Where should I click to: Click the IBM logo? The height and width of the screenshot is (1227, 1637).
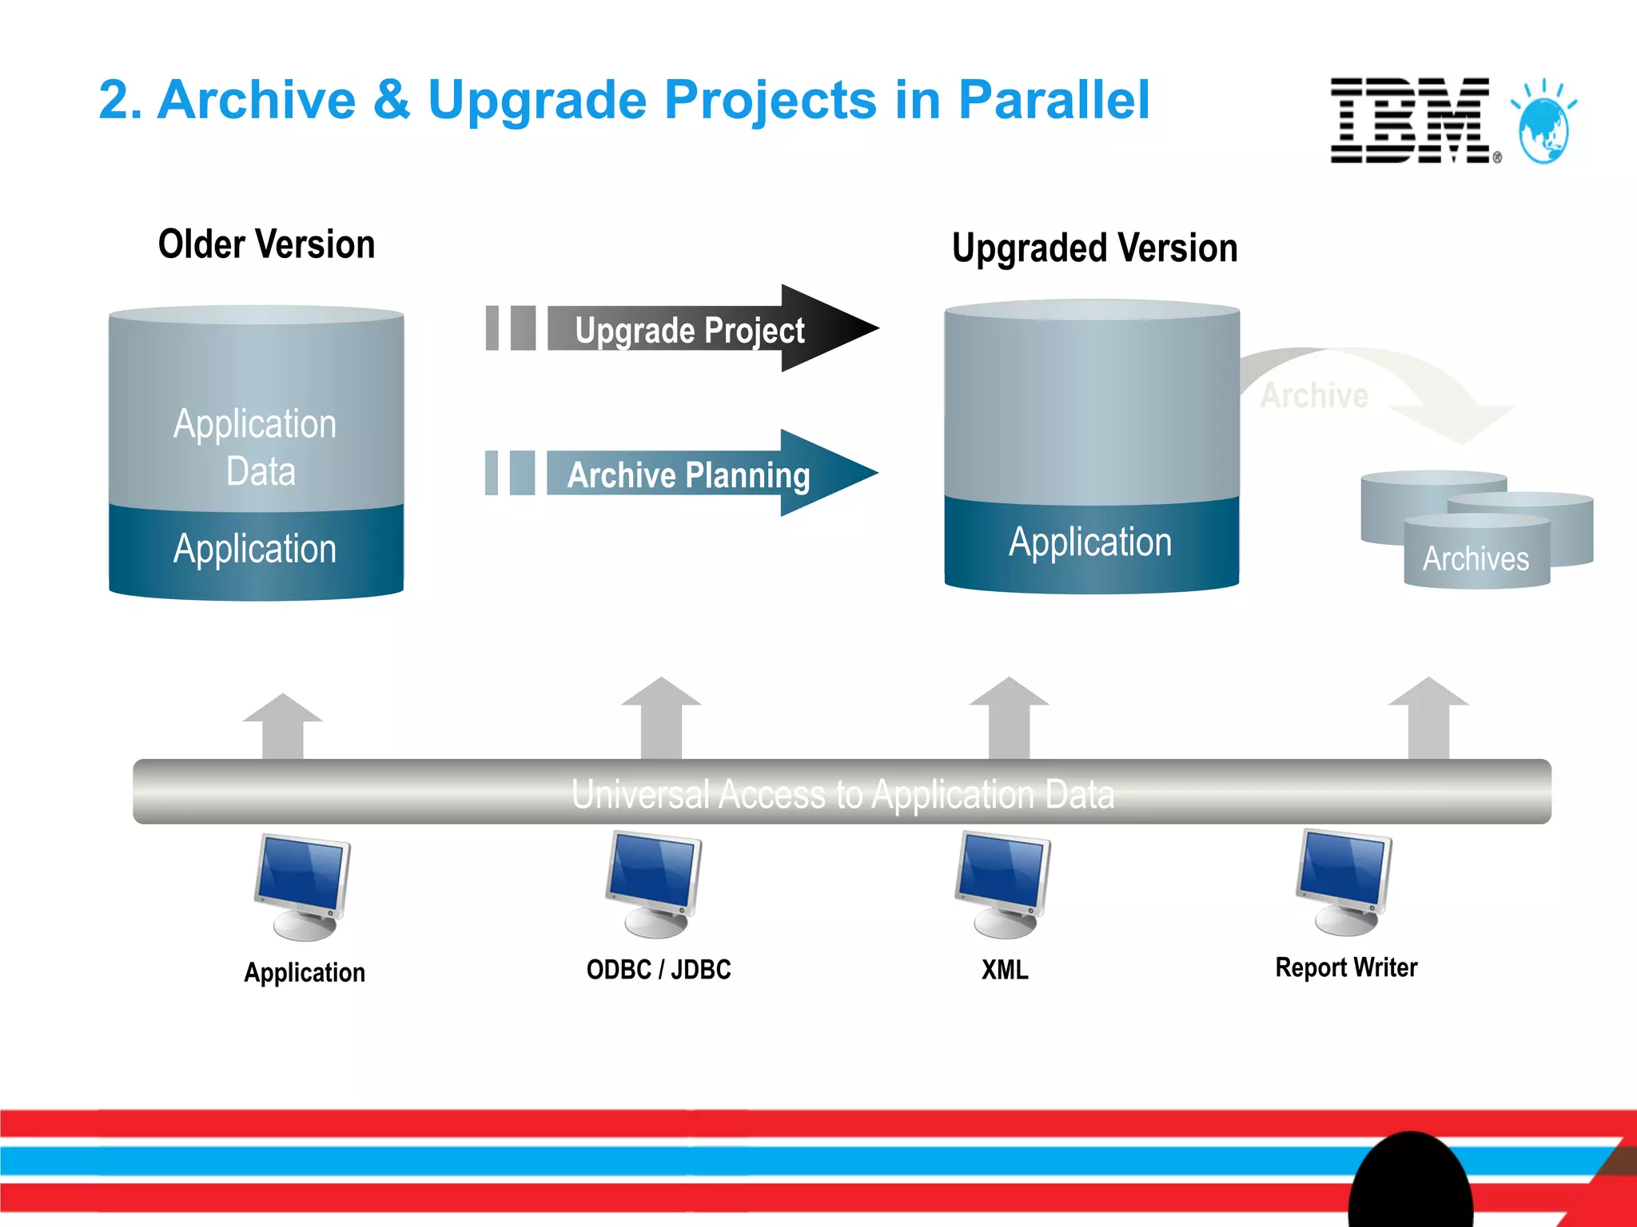click(x=1410, y=121)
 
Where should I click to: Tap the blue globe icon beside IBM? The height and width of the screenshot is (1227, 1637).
click(x=1543, y=127)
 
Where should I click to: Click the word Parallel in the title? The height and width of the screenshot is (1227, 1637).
click(x=1053, y=101)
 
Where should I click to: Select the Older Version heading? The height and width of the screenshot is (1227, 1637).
click(x=266, y=244)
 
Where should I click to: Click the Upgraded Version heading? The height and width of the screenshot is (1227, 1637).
click(x=1094, y=248)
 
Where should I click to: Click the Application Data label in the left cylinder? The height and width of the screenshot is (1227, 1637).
click(x=256, y=447)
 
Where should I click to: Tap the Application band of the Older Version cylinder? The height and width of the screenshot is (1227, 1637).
click(x=256, y=550)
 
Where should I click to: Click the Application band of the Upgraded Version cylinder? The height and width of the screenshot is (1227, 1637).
click(x=1090, y=543)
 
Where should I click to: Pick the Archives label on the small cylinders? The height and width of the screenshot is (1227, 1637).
click(x=1476, y=558)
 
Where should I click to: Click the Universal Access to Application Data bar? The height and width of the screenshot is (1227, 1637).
click(x=842, y=792)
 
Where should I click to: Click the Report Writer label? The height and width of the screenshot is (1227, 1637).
click(x=1346, y=967)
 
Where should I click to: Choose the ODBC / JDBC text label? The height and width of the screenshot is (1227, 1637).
click(x=659, y=970)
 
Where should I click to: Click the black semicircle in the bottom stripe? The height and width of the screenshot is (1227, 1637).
click(x=1410, y=1182)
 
